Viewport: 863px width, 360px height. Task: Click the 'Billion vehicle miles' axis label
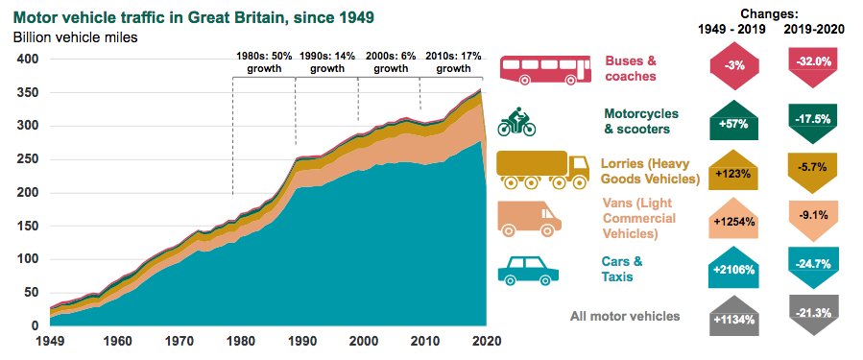coord(75,37)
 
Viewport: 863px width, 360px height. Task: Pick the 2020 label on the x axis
coord(486,341)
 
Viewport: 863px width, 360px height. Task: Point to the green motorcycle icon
coord(516,121)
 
